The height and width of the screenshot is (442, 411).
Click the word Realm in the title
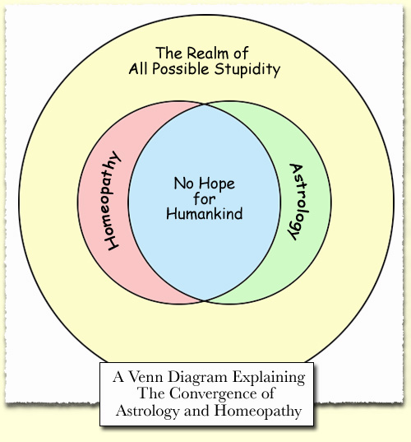(x=207, y=53)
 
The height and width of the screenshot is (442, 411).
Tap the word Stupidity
(x=247, y=69)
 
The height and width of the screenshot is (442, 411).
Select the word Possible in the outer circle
(x=181, y=68)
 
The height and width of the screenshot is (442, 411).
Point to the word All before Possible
(x=138, y=68)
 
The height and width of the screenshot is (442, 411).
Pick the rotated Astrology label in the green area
(x=298, y=202)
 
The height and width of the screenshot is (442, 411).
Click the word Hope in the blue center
(x=216, y=184)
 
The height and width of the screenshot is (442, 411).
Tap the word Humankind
(x=205, y=213)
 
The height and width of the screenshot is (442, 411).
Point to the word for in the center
(x=205, y=198)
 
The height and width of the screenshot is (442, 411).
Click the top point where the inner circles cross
(x=205, y=105)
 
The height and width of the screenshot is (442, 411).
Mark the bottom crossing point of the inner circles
(x=205, y=300)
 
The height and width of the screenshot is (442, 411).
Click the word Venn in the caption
(x=145, y=377)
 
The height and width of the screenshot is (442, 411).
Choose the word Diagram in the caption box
(x=197, y=378)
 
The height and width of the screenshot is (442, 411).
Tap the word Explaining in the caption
(x=269, y=378)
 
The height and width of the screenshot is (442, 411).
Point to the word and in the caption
(x=196, y=411)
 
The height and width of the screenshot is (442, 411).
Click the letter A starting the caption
(x=118, y=377)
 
